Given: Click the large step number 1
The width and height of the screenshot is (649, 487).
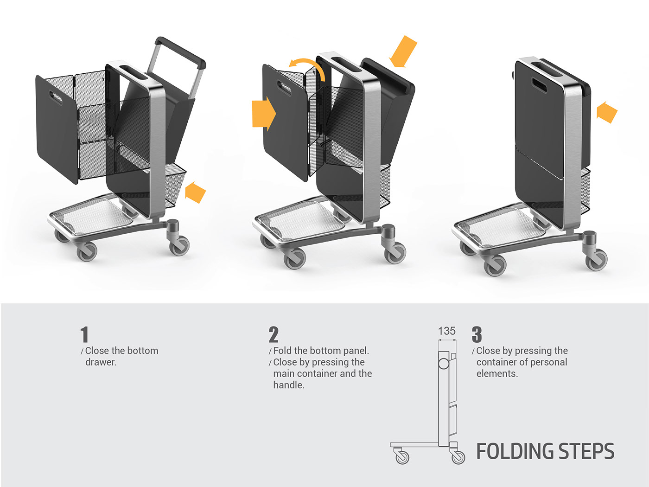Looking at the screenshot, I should [x=84, y=334].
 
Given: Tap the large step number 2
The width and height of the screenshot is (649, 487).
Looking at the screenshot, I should [x=274, y=334].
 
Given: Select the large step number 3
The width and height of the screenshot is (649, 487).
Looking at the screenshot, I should [x=477, y=334].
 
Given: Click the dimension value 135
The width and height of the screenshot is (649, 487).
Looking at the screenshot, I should [x=446, y=331].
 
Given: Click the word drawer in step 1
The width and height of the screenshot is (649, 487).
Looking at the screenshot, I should [x=101, y=362].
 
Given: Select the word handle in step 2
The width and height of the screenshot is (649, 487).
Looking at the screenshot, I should [x=288, y=385].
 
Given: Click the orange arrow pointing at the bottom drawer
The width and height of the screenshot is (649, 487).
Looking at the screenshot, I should [x=195, y=192].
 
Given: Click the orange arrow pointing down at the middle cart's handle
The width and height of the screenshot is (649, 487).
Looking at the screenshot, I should [x=403, y=51].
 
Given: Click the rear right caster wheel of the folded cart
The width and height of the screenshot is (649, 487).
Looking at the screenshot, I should [x=596, y=260].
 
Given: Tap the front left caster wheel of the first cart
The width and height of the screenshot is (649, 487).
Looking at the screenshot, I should [x=87, y=251].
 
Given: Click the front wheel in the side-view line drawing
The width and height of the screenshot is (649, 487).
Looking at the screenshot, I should [x=402, y=457].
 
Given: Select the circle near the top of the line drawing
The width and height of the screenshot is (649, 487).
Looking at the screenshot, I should [x=444, y=363].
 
